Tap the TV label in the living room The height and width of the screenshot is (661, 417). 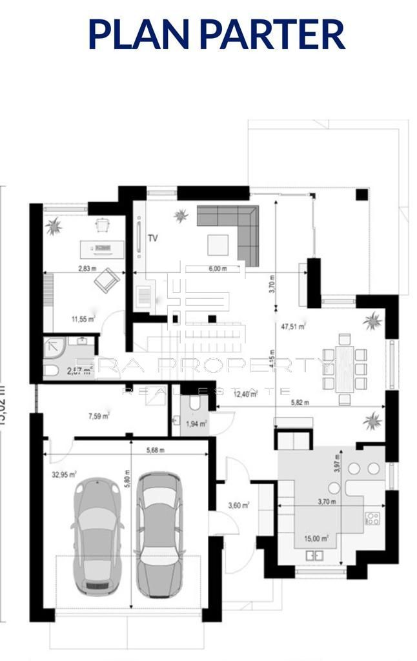[153, 238]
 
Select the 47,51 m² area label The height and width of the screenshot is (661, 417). [292, 326]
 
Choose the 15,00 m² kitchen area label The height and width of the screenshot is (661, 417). [316, 537]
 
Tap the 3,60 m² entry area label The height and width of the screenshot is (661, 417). [239, 505]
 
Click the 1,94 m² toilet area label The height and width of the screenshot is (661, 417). [196, 423]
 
